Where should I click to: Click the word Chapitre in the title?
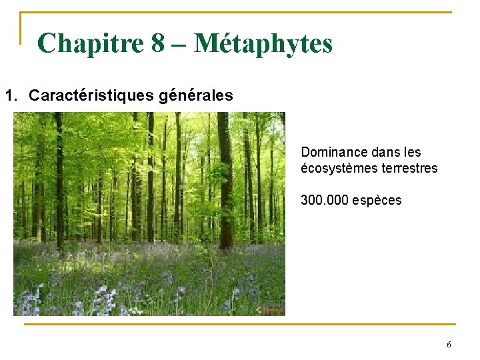tap(90, 44)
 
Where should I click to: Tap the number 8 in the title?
tap(157, 44)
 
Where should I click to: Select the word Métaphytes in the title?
tap(263, 44)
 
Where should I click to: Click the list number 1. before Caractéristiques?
tap(13, 95)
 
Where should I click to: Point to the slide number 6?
tap(449, 345)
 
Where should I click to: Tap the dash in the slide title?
tap(179, 44)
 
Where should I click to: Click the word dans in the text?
tap(382, 153)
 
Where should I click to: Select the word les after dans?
tap(411, 153)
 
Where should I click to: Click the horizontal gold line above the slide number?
tap(240, 325)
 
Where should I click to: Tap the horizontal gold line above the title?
tap(240, 12)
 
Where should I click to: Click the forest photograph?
tap(149, 213)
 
